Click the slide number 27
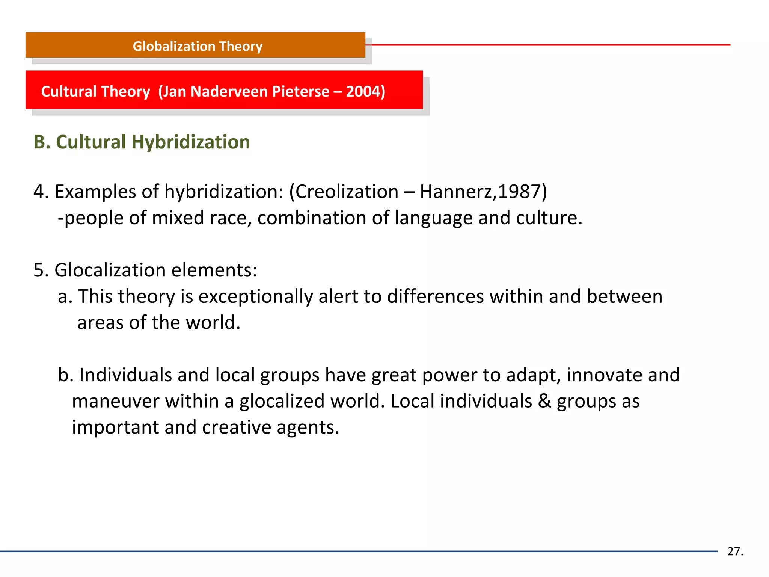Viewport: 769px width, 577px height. pyautogui.click(x=734, y=551)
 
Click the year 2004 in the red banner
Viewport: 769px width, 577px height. pyautogui.click(x=363, y=91)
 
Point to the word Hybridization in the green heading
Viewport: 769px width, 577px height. pyautogui.click(x=191, y=142)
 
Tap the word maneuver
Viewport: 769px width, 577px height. pyautogui.click(x=116, y=401)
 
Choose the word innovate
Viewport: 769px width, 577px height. pyautogui.click(x=604, y=375)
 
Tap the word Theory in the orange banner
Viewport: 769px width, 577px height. pyautogui.click(x=241, y=46)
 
